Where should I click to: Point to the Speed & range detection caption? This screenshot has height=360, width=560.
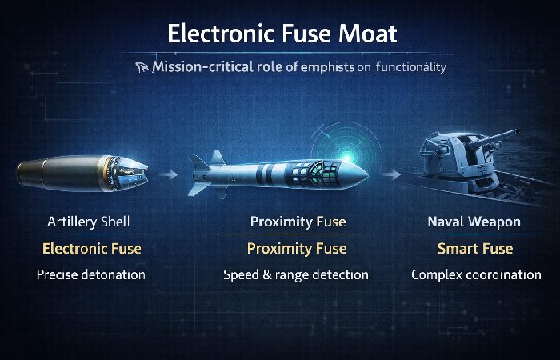click(x=295, y=275)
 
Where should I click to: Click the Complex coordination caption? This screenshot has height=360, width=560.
click(x=476, y=275)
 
